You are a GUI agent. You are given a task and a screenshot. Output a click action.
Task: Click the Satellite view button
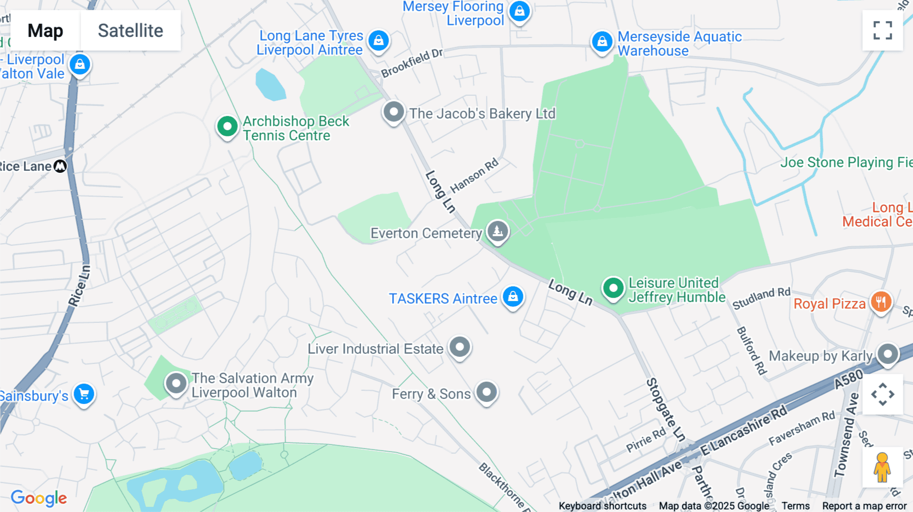130,30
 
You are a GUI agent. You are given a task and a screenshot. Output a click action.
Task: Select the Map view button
45,30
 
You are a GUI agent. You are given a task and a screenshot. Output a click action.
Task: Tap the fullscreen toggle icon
883,30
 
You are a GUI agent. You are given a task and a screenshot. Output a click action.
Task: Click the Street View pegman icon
882,467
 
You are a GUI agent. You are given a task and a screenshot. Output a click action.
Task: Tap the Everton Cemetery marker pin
498,231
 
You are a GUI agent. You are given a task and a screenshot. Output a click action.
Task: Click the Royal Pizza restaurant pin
881,302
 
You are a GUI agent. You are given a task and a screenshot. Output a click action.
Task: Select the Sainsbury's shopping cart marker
84,394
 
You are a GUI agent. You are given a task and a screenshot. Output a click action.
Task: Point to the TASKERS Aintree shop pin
513,296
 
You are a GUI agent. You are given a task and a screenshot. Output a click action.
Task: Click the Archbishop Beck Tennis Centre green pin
227,126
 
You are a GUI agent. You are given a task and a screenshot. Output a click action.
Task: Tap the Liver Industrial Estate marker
460,347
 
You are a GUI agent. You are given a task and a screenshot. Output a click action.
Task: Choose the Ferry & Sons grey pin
486,392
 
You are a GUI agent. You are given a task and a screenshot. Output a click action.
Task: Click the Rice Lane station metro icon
60,166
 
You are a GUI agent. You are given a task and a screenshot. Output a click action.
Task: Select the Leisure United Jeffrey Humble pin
613,288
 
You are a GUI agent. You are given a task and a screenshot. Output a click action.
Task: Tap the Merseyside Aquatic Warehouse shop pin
602,41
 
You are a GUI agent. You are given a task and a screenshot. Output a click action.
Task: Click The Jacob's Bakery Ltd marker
394,112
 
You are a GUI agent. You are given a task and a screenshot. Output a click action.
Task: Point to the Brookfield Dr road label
412,63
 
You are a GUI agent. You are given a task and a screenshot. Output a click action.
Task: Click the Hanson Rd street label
474,176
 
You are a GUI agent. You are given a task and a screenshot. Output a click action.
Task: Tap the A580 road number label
849,379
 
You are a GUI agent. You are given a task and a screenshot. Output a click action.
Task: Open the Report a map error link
864,506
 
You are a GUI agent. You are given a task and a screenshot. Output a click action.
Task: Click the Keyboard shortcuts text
602,506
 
